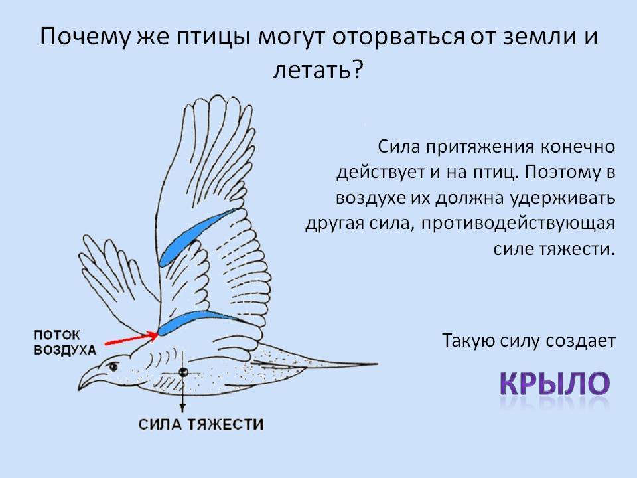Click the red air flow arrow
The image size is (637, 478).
(x=131, y=339)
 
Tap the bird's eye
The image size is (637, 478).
(x=113, y=367)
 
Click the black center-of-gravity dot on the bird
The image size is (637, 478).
(x=183, y=372)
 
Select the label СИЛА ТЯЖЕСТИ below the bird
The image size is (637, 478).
(x=200, y=425)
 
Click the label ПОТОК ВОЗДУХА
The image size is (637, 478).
(x=64, y=343)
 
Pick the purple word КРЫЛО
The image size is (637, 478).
(x=555, y=383)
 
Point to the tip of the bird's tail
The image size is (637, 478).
(x=377, y=364)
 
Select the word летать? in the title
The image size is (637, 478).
(x=317, y=70)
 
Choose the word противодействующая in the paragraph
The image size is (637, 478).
(x=518, y=224)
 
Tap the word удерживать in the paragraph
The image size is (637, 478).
(x=563, y=199)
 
